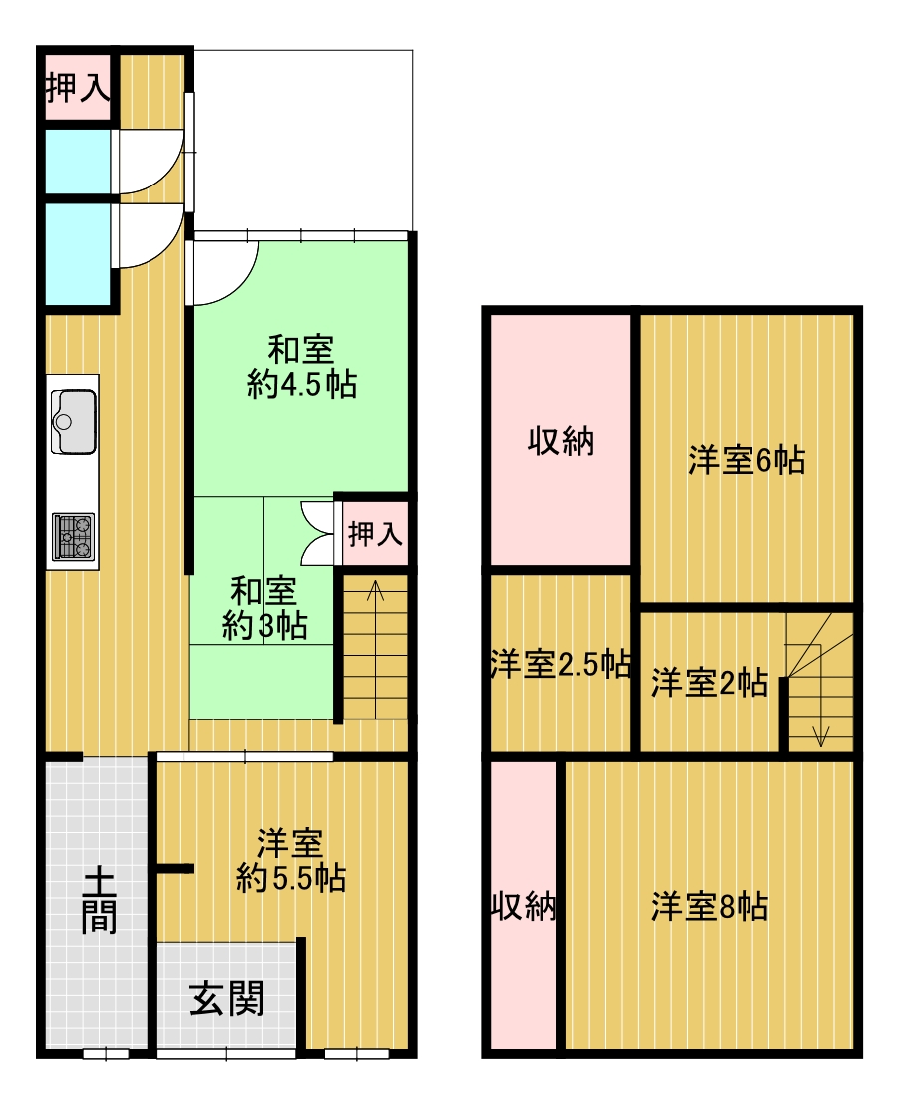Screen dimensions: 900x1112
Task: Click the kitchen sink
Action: [x=73, y=421]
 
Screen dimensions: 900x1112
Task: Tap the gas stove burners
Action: [x=73, y=537]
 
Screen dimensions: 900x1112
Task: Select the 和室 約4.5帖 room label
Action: [x=301, y=367]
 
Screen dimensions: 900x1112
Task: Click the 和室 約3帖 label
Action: [x=264, y=608]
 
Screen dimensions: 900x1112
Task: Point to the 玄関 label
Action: [x=227, y=998]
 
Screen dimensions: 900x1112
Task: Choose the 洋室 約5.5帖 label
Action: [x=291, y=861]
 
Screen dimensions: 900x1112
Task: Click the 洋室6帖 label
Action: [x=747, y=460]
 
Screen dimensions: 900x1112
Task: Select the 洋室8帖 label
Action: [x=710, y=906]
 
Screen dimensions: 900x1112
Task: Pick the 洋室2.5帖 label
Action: [x=560, y=664]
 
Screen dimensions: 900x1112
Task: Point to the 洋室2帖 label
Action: [x=710, y=683]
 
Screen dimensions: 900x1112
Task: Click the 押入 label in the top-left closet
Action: [x=78, y=88]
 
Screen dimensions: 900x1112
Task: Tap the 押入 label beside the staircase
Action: [x=375, y=533]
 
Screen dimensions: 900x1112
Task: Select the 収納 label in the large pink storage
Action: [x=560, y=441]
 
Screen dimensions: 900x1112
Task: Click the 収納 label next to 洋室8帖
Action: [x=523, y=906]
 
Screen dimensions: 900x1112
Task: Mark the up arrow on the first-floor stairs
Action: [x=375, y=649]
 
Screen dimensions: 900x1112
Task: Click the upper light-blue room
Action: [x=78, y=161]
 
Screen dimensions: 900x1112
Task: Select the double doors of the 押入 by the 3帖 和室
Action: [x=317, y=533]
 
